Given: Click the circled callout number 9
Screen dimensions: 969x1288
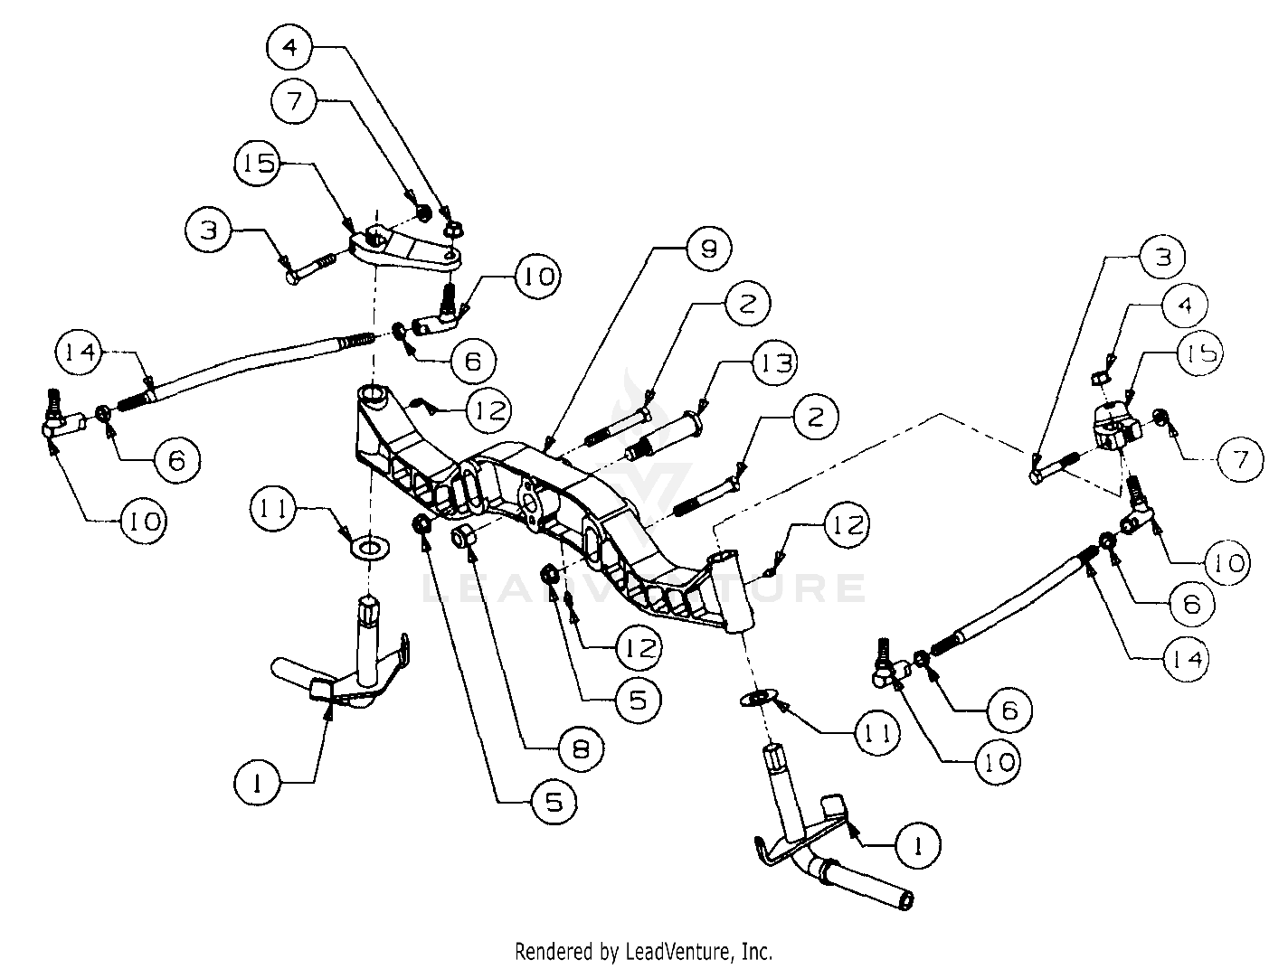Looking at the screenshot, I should (708, 248).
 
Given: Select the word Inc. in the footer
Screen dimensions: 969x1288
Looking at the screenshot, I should (756, 951).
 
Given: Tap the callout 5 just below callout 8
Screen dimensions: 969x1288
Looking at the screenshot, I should (554, 802).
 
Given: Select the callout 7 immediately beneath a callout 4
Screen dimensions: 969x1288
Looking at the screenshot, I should (297, 102).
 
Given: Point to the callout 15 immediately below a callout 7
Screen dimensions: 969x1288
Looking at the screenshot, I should (258, 165).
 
